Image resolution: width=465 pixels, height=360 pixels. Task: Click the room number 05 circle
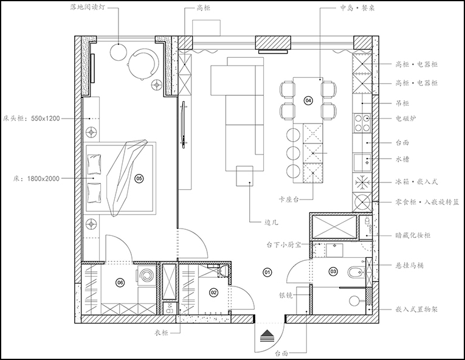point(139,178)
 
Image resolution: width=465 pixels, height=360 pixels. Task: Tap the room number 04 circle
point(308,100)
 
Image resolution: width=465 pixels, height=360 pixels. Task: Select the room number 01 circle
point(267,272)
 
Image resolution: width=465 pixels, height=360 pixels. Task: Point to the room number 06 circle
point(120,283)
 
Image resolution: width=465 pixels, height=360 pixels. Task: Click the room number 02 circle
point(213,292)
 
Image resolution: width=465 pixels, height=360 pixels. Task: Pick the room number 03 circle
point(333,271)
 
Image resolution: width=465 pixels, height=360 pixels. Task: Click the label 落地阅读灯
point(88,7)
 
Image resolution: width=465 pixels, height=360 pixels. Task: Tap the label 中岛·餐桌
point(357,7)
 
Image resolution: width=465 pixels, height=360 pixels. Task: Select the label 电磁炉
point(405,119)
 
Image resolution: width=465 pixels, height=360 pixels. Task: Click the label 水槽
point(402,159)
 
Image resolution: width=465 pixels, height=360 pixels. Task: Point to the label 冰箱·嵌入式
point(416,182)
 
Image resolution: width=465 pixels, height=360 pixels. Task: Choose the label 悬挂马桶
point(410,265)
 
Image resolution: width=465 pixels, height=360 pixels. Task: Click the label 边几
point(271,222)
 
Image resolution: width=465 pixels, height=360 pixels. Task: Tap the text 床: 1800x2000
point(36,179)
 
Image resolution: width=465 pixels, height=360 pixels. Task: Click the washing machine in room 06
point(146,275)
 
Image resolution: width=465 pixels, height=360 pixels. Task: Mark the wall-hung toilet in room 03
point(356,272)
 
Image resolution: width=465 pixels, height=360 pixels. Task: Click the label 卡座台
point(289,199)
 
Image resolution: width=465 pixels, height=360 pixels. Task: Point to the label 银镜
point(286,295)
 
